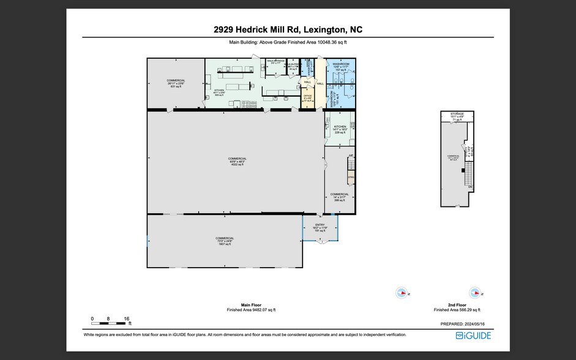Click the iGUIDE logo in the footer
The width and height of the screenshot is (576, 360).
(474, 335)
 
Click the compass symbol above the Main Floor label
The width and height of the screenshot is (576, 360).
(401, 293)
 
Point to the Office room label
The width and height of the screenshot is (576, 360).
(307, 97)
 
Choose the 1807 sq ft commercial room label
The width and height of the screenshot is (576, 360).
(225, 241)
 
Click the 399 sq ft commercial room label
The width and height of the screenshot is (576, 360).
(340, 197)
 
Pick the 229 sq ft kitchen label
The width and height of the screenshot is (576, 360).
(340, 129)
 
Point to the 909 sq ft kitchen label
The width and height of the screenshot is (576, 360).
(219, 92)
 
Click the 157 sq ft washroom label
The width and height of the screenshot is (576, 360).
(341, 67)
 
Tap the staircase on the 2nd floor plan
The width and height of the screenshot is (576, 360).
(469, 177)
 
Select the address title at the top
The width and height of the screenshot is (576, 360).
(288, 29)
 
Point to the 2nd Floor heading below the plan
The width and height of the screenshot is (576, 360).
(457, 304)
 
